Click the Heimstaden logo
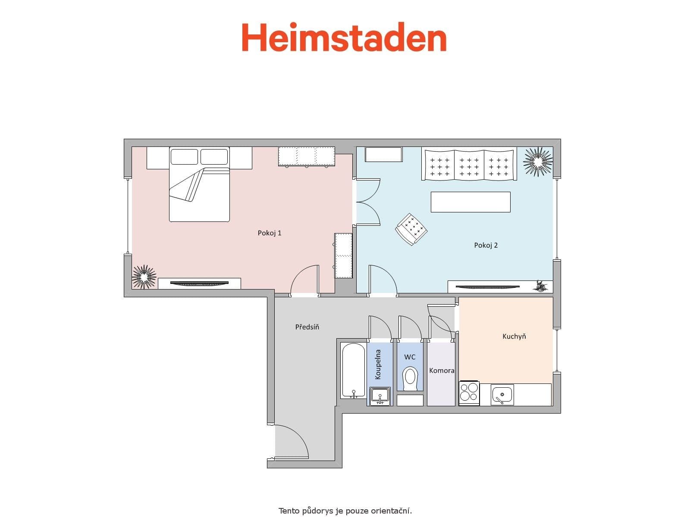pyautogui.click(x=344, y=37)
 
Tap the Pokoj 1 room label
pyautogui.click(x=270, y=233)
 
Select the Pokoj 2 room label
pyautogui.click(x=486, y=245)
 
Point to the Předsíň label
pyautogui.click(x=307, y=327)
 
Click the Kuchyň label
pyautogui.click(x=514, y=336)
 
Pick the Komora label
pyautogui.click(x=441, y=371)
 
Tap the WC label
pyautogui.click(x=410, y=357)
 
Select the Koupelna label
pyautogui.click(x=378, y=364)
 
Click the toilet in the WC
pyautogui.click(x=410, y=378)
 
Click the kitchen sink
pyautogui.click(x=502, y=395)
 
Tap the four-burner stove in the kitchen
pyautogui.click(x=469, y=393)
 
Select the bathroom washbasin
pyautogui.click(x=380, y=396)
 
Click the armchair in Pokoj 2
pyautogui.click(x=411, y=229)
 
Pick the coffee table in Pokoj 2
pyautogui.click(x=470, y=202)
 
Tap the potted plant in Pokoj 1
pyautogui.click(x=144, y=277)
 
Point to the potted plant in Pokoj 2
pyautogui.click(x=538, y=162)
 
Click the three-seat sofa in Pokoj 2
pyautogui.click(x=469, y=165)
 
